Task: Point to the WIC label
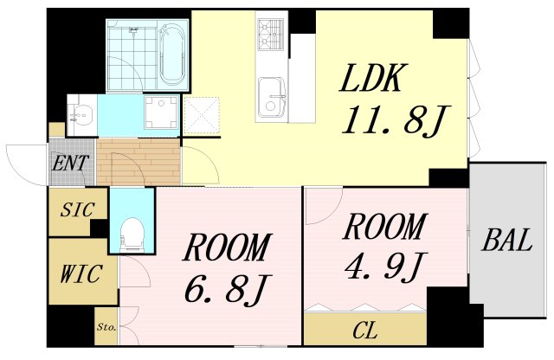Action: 82,275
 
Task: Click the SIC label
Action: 78,210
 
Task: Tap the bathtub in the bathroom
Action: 171,53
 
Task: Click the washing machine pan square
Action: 158,113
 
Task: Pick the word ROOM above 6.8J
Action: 225,248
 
